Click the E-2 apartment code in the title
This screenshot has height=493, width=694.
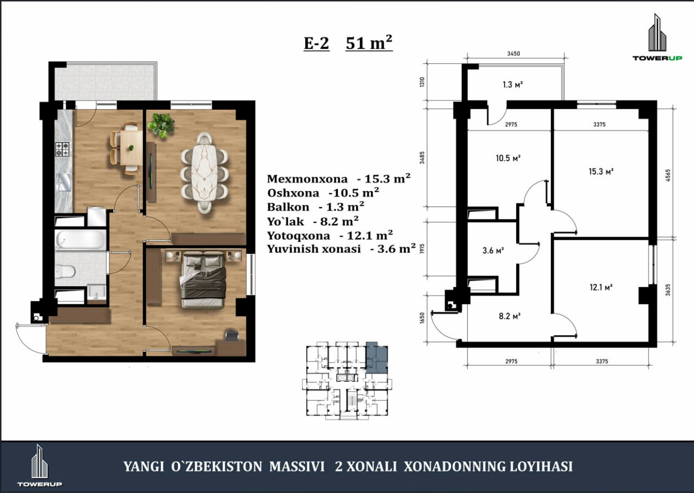coord(316,43)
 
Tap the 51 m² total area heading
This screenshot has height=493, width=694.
coord(369,42)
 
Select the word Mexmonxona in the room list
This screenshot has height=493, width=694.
coord(307,179)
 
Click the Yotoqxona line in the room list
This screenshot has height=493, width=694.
coord(330,235)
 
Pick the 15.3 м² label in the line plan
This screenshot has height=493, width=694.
coord(601,171)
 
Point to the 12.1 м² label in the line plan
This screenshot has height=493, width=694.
coord(601,287)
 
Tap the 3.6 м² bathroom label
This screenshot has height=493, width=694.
coord(493,250)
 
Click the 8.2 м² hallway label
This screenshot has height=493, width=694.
coord(510,316)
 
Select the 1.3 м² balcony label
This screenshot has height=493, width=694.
coord(513,84)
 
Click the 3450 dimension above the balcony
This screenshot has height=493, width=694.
coord(513,54)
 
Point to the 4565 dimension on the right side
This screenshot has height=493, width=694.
coord(668,175)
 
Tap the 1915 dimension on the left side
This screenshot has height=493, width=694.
coord(422,248)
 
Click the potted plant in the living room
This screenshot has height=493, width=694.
coord(161,125)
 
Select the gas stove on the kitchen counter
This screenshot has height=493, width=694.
coord(63,149)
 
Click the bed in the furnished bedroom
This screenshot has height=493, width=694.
coord(203,279)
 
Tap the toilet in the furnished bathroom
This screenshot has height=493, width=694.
coord(66,272)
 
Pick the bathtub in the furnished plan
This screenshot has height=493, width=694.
coord(81,240)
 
